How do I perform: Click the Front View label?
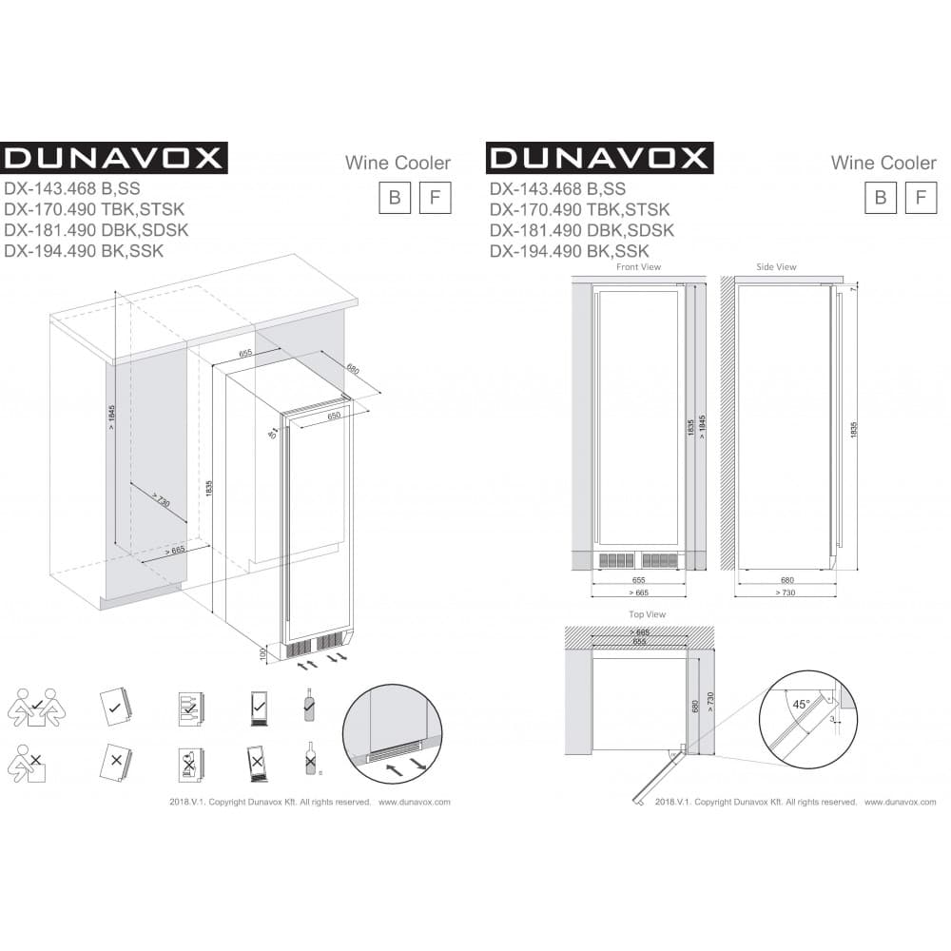point(638,267)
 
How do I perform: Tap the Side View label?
point(776,267)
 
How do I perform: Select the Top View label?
point(647,614)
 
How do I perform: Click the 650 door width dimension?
point(334,416)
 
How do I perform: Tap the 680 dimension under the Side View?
point(786,579)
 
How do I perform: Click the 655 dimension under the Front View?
point(638,579)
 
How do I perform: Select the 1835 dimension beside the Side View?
point(854,428)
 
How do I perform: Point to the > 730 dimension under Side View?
point(786,592)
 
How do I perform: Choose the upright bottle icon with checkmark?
point(308,705)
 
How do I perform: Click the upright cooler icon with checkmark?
point(258,707)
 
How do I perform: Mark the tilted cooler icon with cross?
point(258,763)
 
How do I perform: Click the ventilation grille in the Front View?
point(638,559)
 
